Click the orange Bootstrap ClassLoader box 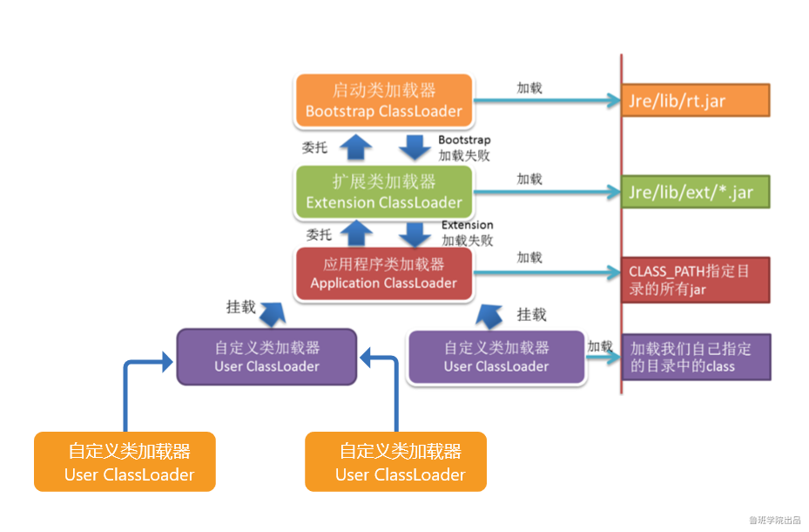tap(384, 101)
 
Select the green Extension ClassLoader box tap(384, 192)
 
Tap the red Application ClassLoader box tap(384, 274)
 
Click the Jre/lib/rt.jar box tap(695, 100)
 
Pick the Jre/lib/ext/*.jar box tap(695, 193)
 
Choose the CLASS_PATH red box tap(695, 280)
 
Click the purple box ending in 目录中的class tap(695, 358)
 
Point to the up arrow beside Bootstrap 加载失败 tap(354, 147)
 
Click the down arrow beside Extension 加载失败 tap(415, 234)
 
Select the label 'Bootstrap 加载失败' tap(464, 147)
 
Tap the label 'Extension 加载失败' tap(468, 233)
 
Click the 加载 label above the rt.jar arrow tap(529, 87)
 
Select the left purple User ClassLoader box tap(267, 357)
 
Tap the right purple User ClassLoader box tap(496, 357)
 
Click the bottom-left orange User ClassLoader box tap(125, 462)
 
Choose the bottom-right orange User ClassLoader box tap(395, 462)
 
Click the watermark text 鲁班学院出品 tap(774, 520)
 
